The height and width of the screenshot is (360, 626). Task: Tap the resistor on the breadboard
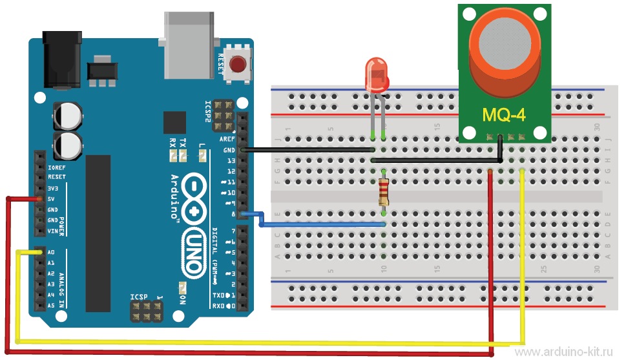pyautogui.click(x=384, y=191)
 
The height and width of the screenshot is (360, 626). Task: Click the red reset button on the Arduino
pyautogui.click(x=239, y=65)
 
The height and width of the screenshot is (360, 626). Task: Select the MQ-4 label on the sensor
pyautogui.click(x=504, y=116)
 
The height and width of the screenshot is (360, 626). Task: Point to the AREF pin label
pyautogui.click(x=227, y=139)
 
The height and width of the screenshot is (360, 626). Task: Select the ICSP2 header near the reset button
pyautogui.click(x=224, y=114)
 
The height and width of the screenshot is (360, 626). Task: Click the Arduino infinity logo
pyautogui.click(x=196, y=197)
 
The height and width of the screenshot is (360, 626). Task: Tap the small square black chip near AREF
pyautogui.click(x=174, y=122)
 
